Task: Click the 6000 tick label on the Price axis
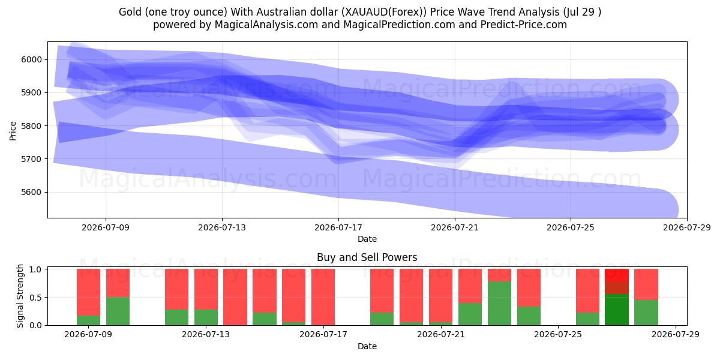pyautogui.click(x=31, y=60)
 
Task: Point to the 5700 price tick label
pyautogui.click(x=31, y=159)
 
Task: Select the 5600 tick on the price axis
pyautogui.click(x=31, y=192)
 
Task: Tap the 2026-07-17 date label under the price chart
pyautogui.click(x=338, y=227)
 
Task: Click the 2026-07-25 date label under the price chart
pyautogui.click(x=571, y=227)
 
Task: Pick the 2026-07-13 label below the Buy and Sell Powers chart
pyautogui.click(x=206, y=334)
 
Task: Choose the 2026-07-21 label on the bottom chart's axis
pyautogui.click(x=441, y=334)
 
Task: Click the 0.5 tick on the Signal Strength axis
pyautogui.click(x=35, y=298)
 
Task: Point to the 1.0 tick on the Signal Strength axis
pyautogui.click(x=35, y=269)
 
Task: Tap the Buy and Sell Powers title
pyautogui.click(x=367, y=257)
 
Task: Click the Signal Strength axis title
pyautogui.click(x=20, y=296)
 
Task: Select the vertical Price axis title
pyautogui.click(x=13, y=131)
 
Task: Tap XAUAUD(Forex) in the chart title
pyautogui.click(x=384, y=12)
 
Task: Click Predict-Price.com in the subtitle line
pyautogui.click(x=524, y=25)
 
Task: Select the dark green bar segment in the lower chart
pyautogui.click(x=617, y=310)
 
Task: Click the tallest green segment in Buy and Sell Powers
pyautogui.click(x=499, y=304)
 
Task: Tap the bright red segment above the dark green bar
pyautogui.click(x=617, y=275)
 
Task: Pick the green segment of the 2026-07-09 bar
pyautogui.click(x=88, y=320)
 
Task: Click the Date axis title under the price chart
pyautogui.click(x=367, y=239)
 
